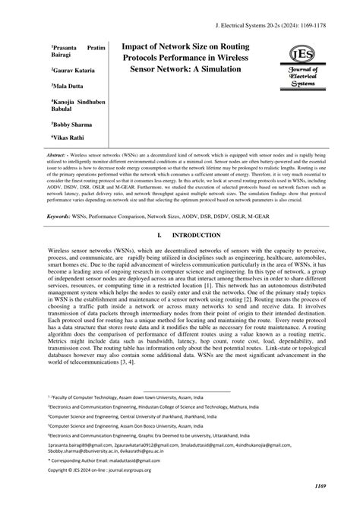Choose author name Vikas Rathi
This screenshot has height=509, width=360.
[68, 138]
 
